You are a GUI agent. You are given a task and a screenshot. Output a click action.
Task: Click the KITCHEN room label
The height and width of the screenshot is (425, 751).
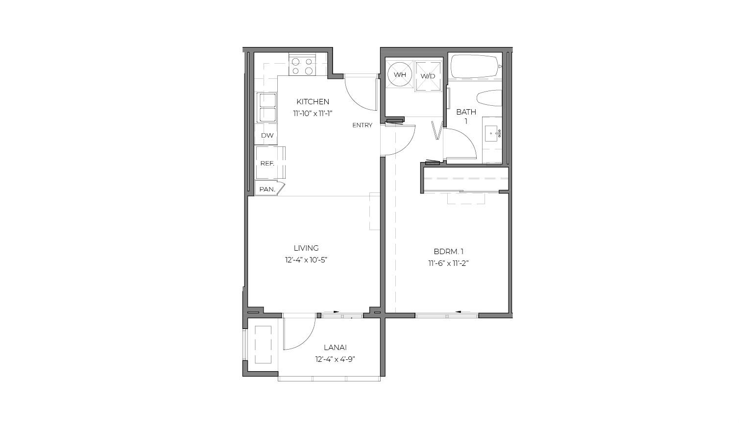[x=313, y=101]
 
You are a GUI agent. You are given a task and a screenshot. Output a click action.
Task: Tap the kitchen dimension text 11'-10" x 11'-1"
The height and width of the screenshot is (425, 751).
[x=313, y=114]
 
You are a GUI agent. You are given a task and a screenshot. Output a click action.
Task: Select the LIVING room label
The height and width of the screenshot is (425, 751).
[x=306, y=248]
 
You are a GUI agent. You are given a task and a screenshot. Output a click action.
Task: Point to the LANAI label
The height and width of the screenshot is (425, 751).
[x=335, y=348]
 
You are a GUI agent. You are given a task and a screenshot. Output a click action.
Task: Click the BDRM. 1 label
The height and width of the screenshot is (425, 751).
[x=448, y=251]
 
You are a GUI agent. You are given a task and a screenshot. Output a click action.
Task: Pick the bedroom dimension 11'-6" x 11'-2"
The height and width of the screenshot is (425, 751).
[x=448, y=263]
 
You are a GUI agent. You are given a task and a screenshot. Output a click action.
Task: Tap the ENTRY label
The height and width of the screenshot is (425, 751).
[x=362, y=125]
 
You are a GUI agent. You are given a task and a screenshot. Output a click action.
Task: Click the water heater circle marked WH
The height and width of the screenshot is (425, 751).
[x=400, y=74]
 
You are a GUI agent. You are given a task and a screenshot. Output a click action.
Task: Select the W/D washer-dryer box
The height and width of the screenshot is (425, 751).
[x=428, y=76]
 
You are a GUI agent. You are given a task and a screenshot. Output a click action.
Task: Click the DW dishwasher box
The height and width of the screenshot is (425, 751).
[x=267, y=135]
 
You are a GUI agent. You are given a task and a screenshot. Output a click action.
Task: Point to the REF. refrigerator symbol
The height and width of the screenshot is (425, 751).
[x=270, y=163]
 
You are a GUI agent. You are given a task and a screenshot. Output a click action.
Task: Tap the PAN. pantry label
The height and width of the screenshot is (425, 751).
[x=267, y=189]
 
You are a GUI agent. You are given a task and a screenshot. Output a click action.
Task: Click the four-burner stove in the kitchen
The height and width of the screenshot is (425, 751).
[x=303, y=66]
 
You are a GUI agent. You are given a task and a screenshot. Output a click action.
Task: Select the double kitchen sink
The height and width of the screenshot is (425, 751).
[x=266, y=108]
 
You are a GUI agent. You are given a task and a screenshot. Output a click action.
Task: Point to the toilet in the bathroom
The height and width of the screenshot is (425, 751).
[x=489, y=98]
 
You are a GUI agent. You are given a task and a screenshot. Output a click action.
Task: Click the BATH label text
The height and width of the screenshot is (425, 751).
[x=466, y=112]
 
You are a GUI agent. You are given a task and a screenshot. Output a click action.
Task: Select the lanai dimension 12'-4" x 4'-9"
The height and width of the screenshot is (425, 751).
[x=335, y=360]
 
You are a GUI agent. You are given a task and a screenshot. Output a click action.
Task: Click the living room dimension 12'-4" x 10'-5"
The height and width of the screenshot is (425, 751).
[x=306, y=260]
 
